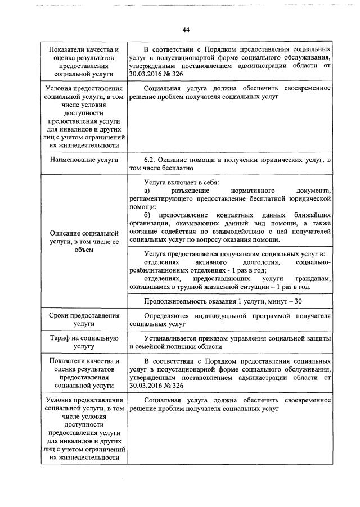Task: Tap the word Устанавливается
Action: (175, 338)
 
